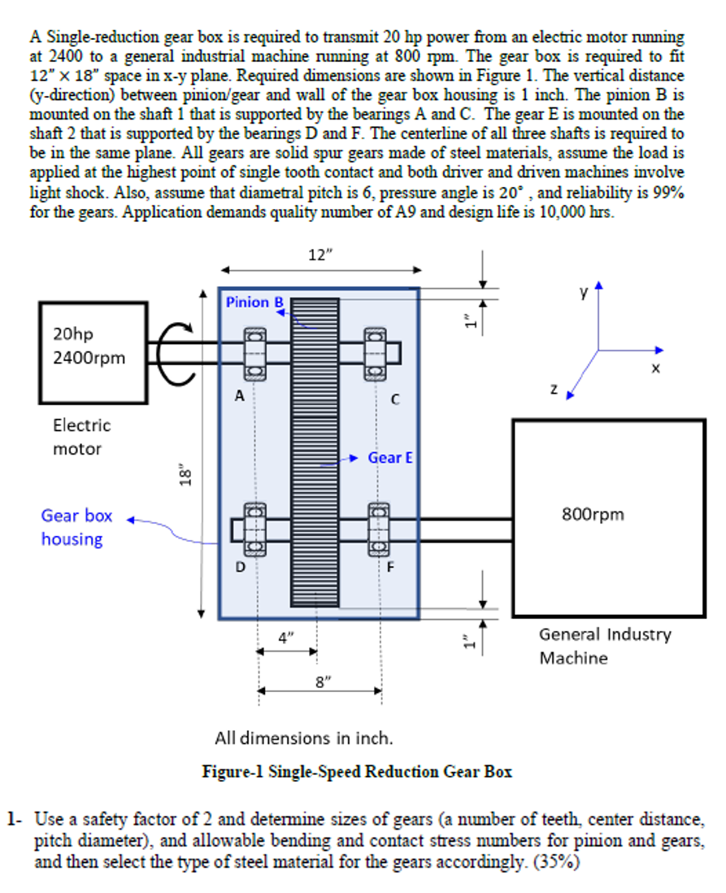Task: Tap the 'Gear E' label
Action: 390,458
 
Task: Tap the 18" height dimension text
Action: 186,475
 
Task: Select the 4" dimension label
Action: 286,639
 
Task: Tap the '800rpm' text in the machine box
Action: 593,514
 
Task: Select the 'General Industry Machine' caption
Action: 604,646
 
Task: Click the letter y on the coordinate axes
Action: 583,291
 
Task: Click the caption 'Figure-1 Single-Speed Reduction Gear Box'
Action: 357,771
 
